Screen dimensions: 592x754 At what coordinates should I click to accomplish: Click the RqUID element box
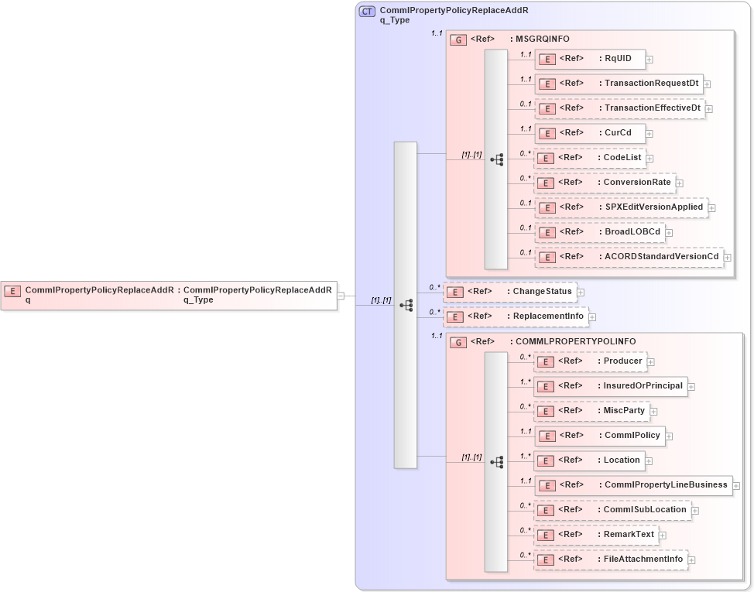pyautogui.click(x=590, y=59)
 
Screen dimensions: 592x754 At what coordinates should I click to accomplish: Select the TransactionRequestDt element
pyautogui.click(x=619, y=84)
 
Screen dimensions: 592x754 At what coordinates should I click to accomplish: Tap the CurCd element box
pyautogui.click(x=590, y=133)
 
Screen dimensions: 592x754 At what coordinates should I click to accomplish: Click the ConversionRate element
pyautogui.click(x=605, y=183)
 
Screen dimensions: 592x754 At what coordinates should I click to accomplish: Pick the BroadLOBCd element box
pyautogui.click(x=599, y=232)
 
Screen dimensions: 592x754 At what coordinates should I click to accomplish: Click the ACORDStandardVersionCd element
pyautogui.click(x=629, y=257)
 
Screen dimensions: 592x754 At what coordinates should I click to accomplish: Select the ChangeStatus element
pyautogui.click(x=510, y=292)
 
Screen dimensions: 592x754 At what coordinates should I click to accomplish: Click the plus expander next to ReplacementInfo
pyautogui.click(x=593, y=317)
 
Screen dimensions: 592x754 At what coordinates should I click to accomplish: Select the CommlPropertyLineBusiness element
pyautogui.click(x=632, y=485)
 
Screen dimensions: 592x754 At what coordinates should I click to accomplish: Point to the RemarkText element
pyautogui.click(x=596, y=535)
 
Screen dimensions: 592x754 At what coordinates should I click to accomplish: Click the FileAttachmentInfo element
pyautogui.click(x=610, y=559)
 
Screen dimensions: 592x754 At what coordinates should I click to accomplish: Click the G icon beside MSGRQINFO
pyautogui.click(x=458, y=39)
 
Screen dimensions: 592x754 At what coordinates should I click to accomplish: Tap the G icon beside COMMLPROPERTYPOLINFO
pyautogui.click(x=458, y=342)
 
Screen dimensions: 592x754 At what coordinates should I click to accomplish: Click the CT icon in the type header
pyautogui.click(x=367, y=11)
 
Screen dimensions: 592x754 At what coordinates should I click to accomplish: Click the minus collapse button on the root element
pyautogui.click(x=341, y=296)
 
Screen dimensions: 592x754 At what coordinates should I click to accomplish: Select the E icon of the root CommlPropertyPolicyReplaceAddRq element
pyautogui.click(x=12, y=291)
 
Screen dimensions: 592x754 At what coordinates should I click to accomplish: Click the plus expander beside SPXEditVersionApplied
pyautogui.click(x=711, y=208)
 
